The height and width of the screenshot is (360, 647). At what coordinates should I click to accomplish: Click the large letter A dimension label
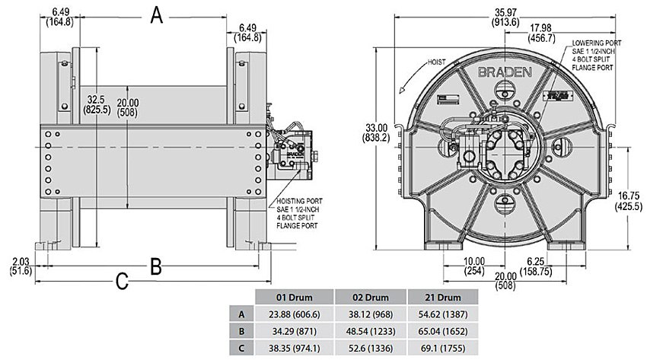(156, 14)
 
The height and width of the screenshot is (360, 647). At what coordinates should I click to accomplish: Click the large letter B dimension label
(155, 266)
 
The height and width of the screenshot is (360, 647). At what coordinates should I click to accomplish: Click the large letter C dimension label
(121, 282)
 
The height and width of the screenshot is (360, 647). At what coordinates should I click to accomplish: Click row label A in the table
(241, 314)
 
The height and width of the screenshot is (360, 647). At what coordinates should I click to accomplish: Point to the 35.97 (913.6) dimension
(505, 16)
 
